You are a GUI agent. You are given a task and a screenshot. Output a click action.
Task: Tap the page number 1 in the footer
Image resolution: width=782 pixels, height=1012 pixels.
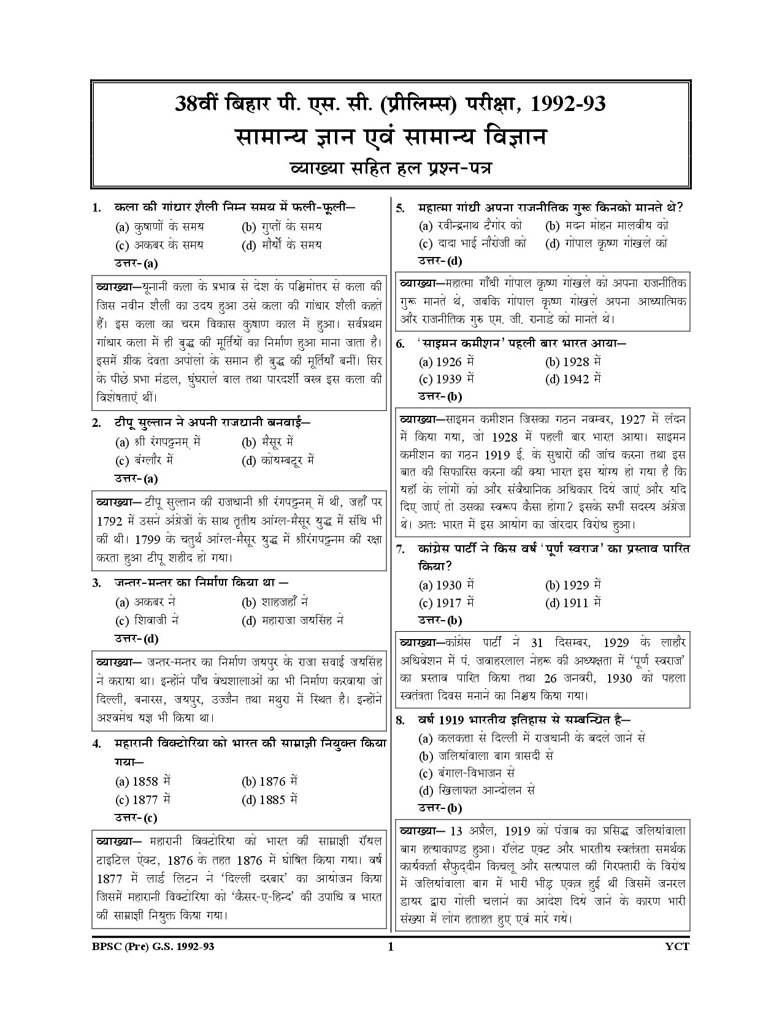tap(390, 946)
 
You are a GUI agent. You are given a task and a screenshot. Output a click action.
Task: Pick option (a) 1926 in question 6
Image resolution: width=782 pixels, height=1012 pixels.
tap(446, 361)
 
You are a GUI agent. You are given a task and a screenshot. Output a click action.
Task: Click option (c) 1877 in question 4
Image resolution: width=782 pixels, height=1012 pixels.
tap(142, 799)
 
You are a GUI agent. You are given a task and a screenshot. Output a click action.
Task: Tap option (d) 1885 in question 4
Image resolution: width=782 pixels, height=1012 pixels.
tap(269, 799)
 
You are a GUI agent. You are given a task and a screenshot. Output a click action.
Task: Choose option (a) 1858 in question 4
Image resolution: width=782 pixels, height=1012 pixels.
tap(142, 781)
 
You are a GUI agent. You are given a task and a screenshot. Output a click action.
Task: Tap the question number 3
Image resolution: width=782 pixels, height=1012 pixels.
tap(97, 583)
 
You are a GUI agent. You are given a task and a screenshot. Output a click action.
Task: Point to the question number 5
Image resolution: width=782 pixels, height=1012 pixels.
tap(401, 208)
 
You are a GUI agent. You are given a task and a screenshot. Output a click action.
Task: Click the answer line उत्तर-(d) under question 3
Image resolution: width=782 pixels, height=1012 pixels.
tap(137, 638)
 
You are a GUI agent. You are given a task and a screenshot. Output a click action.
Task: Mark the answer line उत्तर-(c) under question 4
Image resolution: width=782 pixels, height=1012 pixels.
tap(136, 818)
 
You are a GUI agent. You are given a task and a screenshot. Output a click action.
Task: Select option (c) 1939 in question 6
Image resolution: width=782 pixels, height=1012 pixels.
tap(446, 379)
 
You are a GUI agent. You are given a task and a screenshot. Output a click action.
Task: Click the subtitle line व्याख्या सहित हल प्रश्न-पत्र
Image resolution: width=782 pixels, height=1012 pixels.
tap(390, 167)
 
